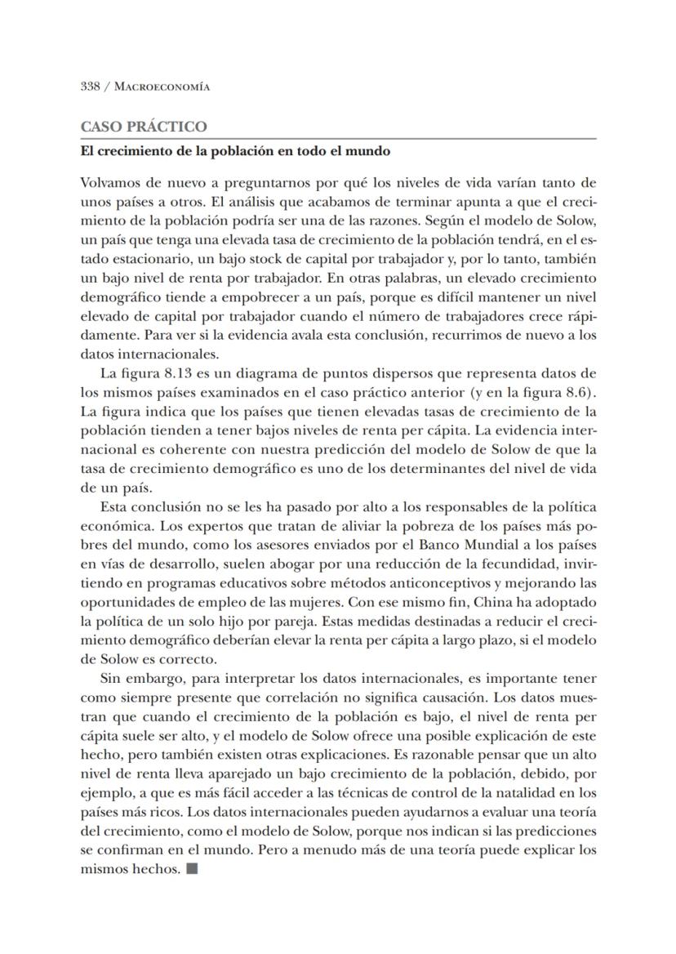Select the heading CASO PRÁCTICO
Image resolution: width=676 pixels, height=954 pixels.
(x=144, y=127)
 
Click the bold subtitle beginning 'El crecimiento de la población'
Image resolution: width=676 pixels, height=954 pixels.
(x=234, y=151)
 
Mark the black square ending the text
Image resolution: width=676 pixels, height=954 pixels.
(x=192, y=868)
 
